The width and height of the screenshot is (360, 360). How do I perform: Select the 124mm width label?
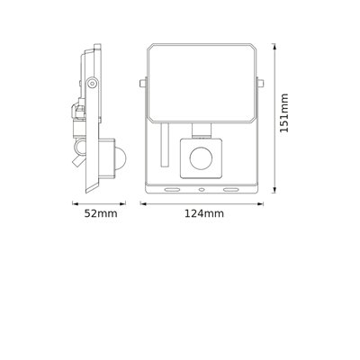click(203, 214)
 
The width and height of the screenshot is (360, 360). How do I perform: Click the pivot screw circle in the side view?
click(91, 83)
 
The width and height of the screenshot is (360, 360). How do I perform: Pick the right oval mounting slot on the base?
click(229, 190)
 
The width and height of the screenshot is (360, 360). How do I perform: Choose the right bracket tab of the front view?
click(259, 83)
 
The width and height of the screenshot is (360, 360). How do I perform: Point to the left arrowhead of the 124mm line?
click(145, 202)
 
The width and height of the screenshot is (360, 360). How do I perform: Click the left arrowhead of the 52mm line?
click(74, 202)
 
